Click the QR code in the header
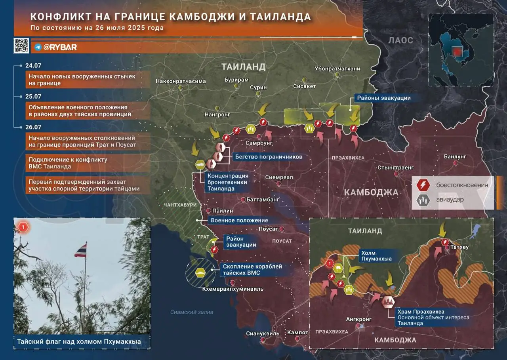[x=21, y=46]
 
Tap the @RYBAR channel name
[x=60, y=47]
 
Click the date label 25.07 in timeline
[x=33, y=96]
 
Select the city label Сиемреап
[x=279, y=177]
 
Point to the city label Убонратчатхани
[x=337, y=69]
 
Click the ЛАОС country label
[x=400, y=40]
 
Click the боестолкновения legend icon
[x=423, y=185]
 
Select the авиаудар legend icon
[x=423, y=200]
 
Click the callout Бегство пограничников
[x=269, y=157]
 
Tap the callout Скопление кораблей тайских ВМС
[x=252, y=270]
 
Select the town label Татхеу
[x=459, y=247]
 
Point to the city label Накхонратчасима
[x=181, y=81]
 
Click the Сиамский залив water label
[x=192, y=312]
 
